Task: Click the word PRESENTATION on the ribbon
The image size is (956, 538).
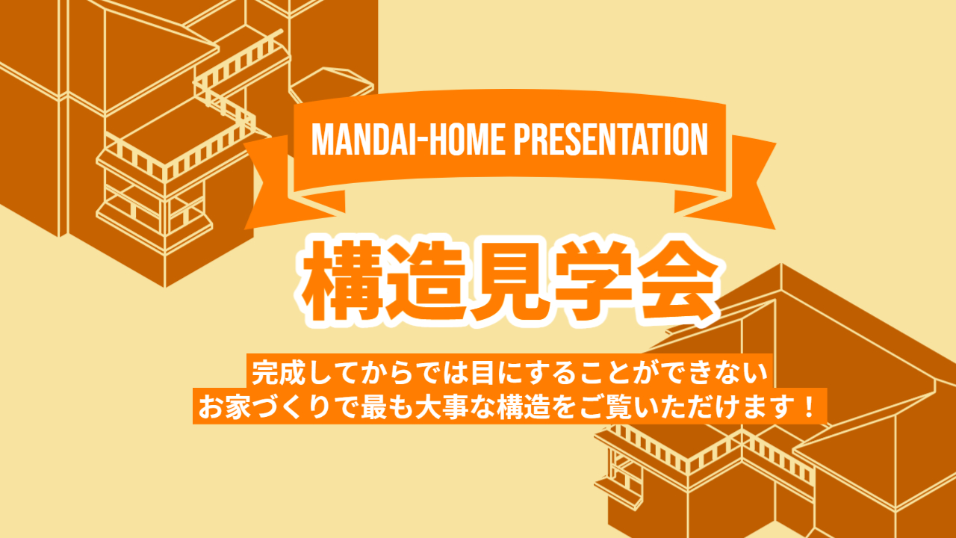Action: (x=611, y=139)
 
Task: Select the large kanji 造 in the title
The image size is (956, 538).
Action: (x=427, y=280)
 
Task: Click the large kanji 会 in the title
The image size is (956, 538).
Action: (x=677, y=280)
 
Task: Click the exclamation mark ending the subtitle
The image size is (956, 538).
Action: (x=808, y=407)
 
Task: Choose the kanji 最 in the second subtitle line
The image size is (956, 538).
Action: (x=374, y=407)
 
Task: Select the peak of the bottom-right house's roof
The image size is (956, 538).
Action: (x=782, y=265)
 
